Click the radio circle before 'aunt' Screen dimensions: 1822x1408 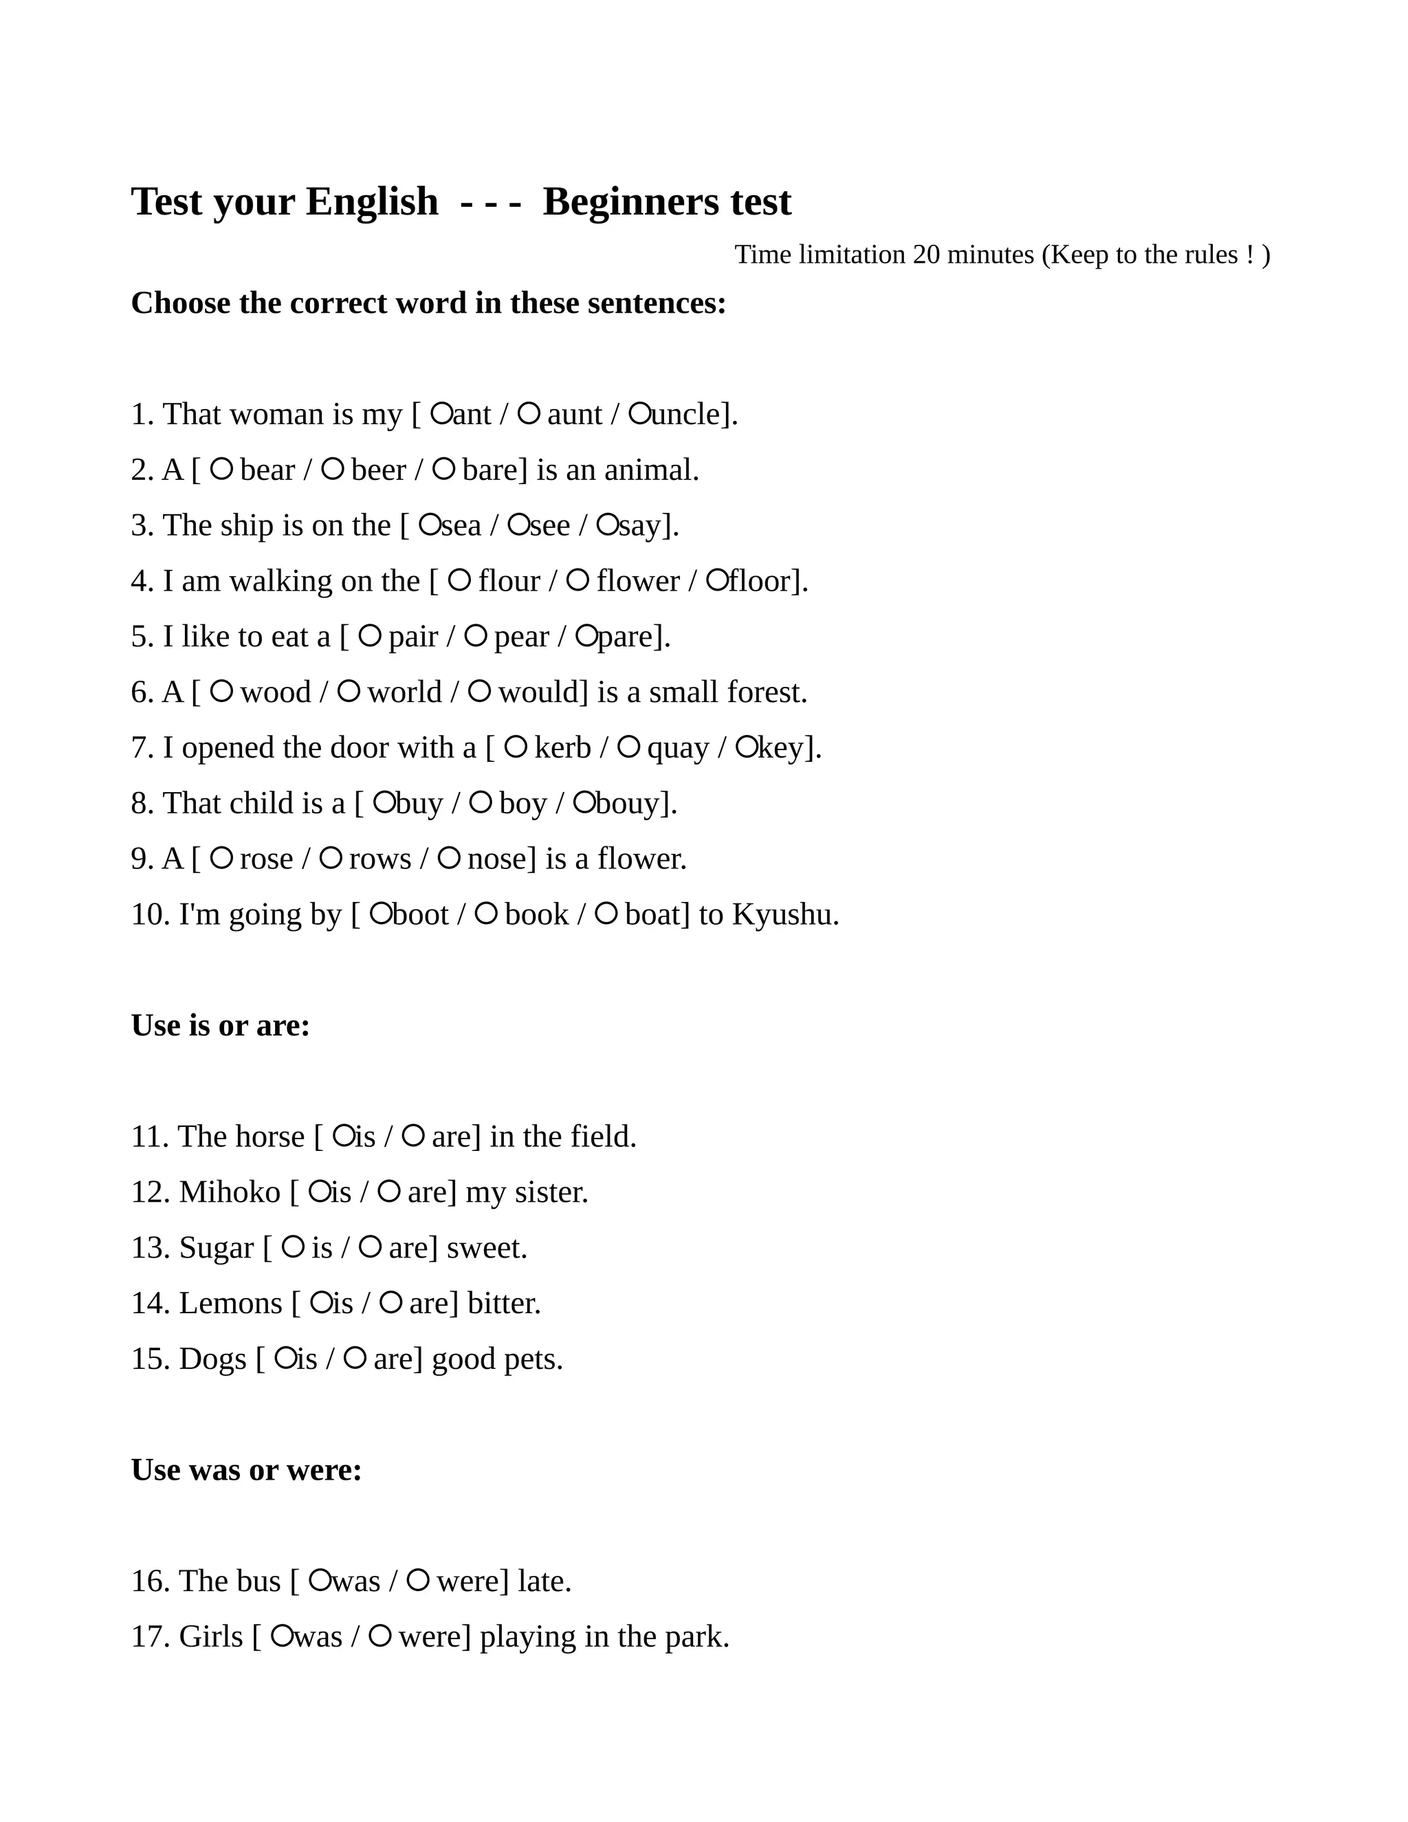coord(529,413)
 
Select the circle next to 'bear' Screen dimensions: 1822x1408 coord(221,469)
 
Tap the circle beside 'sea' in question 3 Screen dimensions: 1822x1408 coord(430,524)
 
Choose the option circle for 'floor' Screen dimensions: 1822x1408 coord(717,580)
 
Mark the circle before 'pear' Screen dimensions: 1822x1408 coord(476,636)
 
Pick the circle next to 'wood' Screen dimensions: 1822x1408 coord(221,691)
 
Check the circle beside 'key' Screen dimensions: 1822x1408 coord(747,747)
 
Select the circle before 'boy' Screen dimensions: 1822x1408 coord(481,802)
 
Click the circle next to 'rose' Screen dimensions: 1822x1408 coord(221,857)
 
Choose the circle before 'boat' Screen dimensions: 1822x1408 coord(606,914)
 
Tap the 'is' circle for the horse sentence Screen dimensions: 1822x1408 coord(344,1135)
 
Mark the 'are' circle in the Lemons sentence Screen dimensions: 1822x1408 coord(390,1302)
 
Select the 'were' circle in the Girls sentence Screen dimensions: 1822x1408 coord(380,1636)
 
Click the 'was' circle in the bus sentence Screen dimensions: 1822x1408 coord(320,1580)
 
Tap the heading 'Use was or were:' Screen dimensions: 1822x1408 coord(247,1470)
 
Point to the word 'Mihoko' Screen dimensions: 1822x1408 coord(230,1192)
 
